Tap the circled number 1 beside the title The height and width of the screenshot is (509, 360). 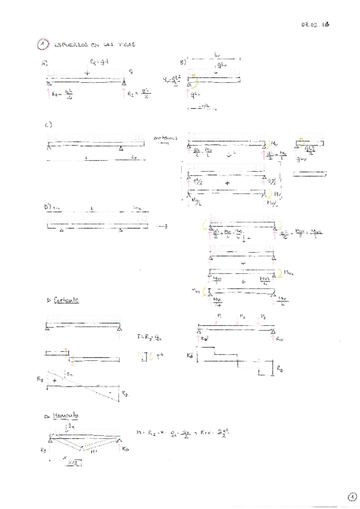pyautogui.click(x=42, y=44)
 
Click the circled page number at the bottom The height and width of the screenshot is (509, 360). pyautogui.click(x=351, y=496)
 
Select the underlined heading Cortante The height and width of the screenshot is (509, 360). pyautogui.click(x=67, y=300)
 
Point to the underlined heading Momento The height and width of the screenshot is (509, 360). pyautogui.click(x=67, y=415)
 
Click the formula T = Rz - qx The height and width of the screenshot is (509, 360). pyautogui.click(x=151, y=338)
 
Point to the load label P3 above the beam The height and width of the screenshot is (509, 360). pyautogui.click(x=262, y=315)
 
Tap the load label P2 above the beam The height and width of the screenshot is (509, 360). pyautogui.click(x=241, y=314)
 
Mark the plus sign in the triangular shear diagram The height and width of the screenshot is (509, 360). pyautogui.click(x=56, y=381)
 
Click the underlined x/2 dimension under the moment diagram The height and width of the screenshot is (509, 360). pyautogui.click(x=74, y=463)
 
